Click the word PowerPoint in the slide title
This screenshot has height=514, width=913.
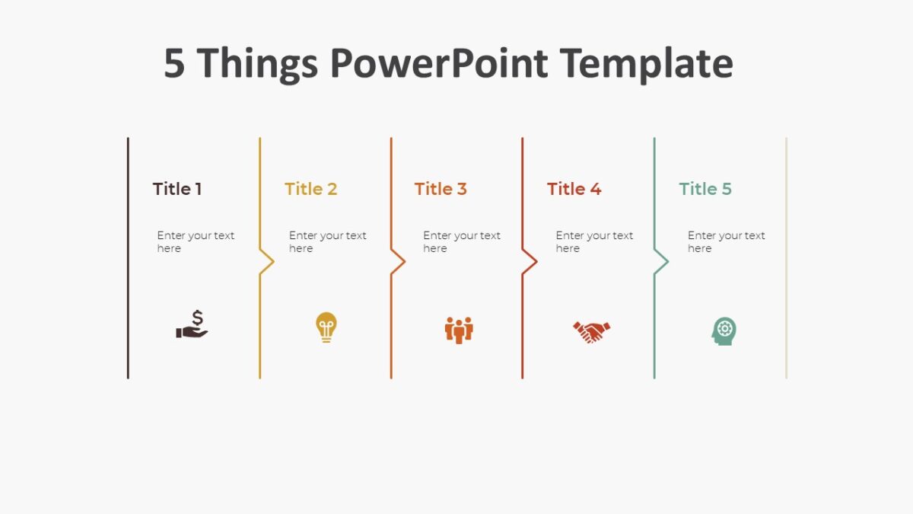438,63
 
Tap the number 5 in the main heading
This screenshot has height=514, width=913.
174,63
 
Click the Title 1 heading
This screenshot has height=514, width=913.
177,189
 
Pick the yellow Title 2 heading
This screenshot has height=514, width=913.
310,189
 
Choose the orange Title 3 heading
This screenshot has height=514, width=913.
441,189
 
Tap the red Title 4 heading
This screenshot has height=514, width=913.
574,189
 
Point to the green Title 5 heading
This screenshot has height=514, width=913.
705,189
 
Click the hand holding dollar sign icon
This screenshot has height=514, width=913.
192,325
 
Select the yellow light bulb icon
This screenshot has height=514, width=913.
326,327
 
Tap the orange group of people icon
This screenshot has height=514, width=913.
459,330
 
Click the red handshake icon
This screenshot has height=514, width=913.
591,331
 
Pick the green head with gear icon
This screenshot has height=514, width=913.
724,331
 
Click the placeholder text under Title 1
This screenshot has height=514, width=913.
196,242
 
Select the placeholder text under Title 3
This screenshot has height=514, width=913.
461,242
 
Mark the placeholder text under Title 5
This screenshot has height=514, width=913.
726,242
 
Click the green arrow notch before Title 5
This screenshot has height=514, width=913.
662,262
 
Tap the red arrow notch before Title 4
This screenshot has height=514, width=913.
530,262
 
